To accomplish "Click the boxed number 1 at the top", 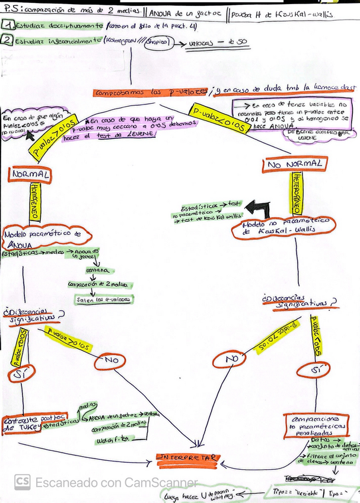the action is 8,26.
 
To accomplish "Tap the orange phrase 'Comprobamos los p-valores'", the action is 151,93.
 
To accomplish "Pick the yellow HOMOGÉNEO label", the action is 34,202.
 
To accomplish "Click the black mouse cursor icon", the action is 27,140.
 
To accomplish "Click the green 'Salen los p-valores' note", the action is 104,300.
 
